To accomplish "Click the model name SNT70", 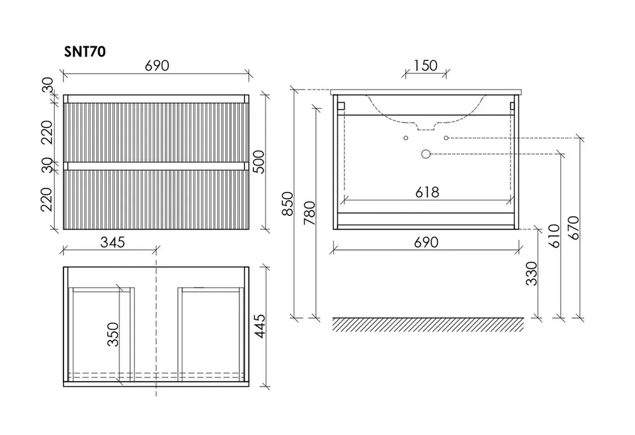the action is point(85,51).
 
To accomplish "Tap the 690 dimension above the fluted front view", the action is point(157,65).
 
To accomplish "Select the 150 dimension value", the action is point(425,65).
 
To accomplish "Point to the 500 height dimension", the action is point(258,161).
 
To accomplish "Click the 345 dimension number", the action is point(112,242).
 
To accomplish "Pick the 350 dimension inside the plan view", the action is point(113,334).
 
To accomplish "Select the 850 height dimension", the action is point(287,204).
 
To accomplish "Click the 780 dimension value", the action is point(309,213).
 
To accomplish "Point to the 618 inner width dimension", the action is point(427,192).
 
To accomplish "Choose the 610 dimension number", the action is point(554,236).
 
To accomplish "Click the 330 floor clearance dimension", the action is point(531,274).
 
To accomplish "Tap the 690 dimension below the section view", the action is point(426,242).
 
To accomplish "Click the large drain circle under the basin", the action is point(425,154).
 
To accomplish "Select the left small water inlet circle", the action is point(406,138).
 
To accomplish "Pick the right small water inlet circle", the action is point(446,138).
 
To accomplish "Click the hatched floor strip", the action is point(427,325).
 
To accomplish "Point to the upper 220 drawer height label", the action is point(46,133).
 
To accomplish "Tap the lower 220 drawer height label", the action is point(46,199).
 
